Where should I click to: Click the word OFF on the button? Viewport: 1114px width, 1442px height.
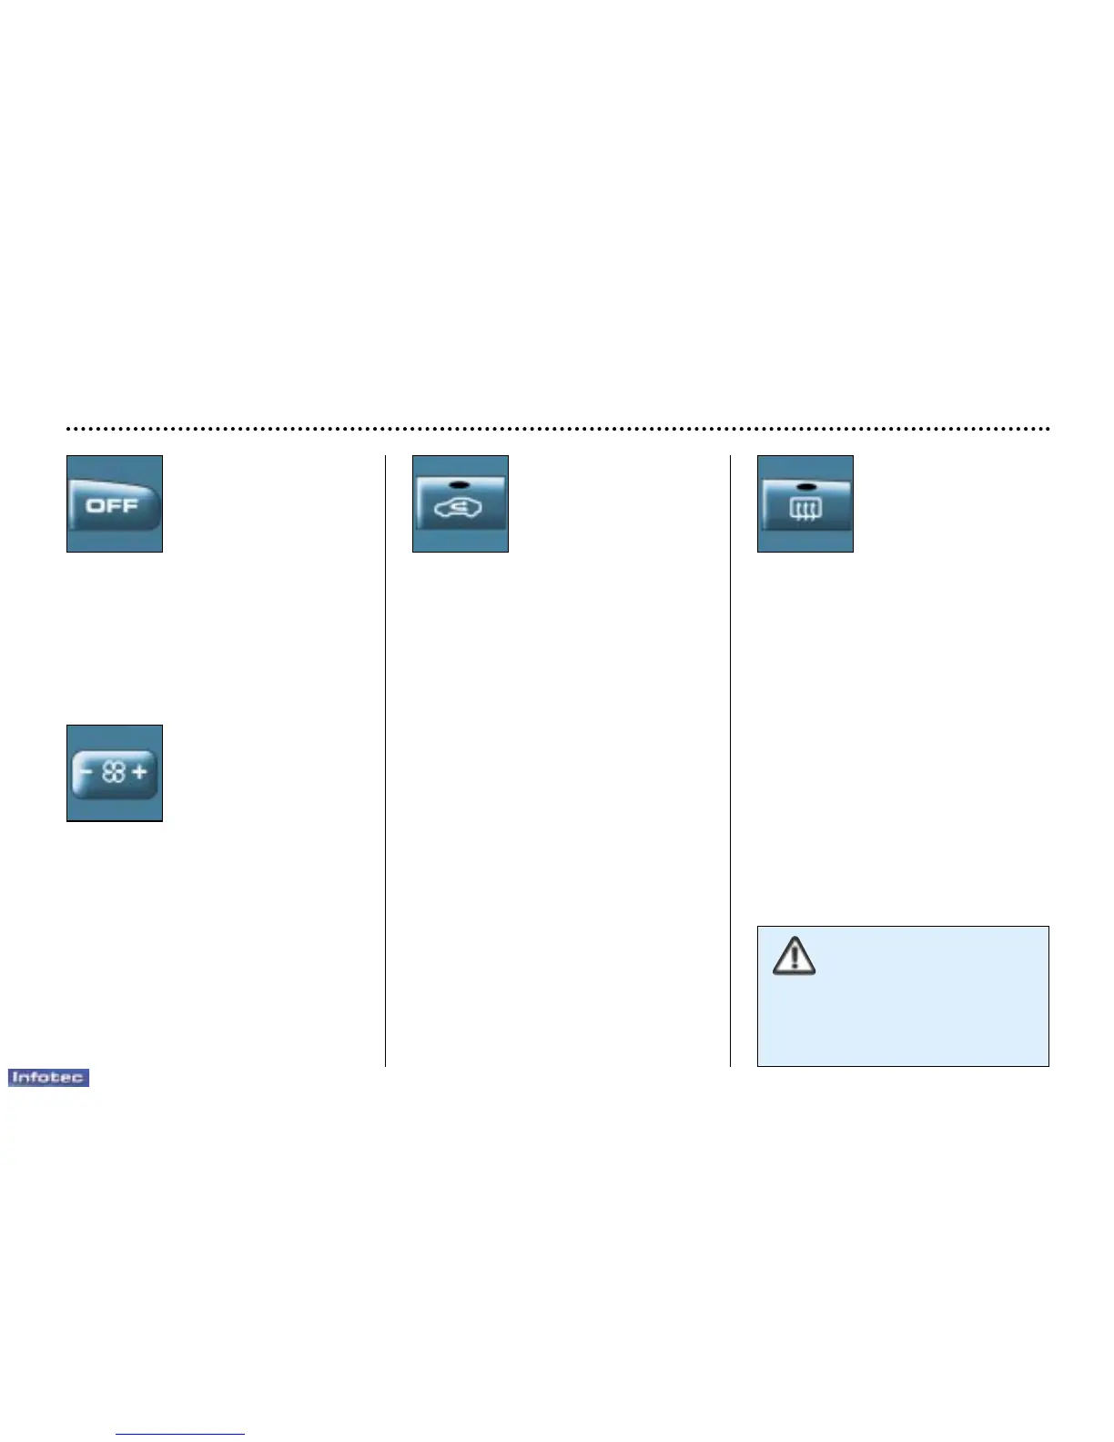111,505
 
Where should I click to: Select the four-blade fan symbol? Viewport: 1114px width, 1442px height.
114,774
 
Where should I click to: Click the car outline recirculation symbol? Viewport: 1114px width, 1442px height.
459,508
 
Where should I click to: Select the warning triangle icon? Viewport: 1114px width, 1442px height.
795,955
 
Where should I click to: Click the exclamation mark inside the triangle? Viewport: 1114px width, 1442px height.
795,957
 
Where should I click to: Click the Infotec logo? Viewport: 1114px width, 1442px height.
48,1078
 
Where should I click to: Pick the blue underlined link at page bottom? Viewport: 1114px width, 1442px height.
180,1435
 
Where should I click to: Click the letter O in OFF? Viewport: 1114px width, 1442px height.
95,505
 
